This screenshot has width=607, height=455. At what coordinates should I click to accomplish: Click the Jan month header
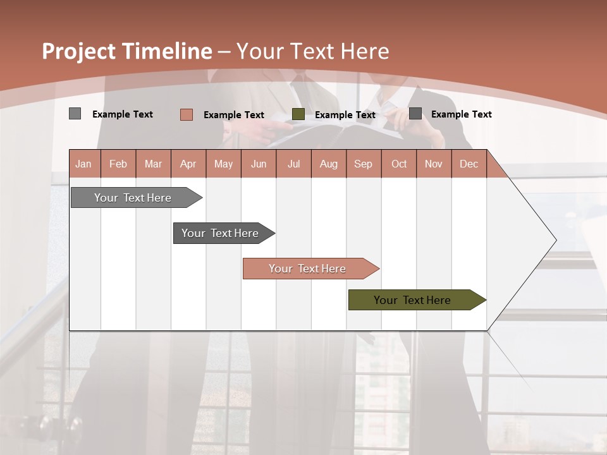point(84,164)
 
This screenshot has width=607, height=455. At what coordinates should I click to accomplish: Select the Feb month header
point(118,164)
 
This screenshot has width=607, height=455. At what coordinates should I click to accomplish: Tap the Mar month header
point(153,164)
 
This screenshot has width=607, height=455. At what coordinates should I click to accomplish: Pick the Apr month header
point(188,164)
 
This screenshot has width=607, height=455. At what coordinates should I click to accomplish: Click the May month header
point(223,164)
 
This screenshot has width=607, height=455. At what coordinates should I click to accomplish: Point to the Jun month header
point(259,164)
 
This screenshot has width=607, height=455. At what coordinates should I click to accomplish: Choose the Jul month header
point(293,164)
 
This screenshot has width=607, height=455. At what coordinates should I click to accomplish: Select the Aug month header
point(329,164)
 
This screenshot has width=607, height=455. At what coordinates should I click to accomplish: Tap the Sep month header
point(364,164)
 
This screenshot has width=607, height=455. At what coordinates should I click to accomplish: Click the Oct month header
point(399,164)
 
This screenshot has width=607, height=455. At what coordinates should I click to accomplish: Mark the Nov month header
point(434,164)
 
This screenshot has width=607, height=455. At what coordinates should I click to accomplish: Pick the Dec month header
point(469,164)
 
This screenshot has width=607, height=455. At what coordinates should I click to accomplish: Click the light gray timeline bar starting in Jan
point(133,198)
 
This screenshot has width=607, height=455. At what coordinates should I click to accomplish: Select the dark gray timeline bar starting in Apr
point(220,233)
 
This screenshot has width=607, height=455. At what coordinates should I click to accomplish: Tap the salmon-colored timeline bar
point(307,269)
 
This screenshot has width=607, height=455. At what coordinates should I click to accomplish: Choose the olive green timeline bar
point(412,300)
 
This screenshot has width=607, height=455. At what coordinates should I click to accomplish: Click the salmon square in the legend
point(187,114)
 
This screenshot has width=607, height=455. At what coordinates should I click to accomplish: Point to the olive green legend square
point(298,114)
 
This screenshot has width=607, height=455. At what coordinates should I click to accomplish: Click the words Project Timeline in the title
point(127,51)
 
